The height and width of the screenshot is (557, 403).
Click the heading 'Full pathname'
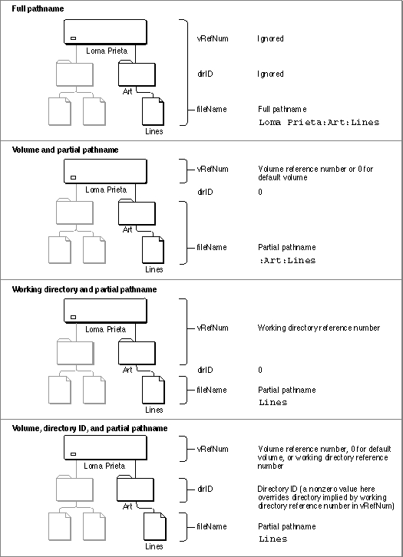[38, 8]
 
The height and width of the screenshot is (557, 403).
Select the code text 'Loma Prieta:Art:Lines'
[319, 122]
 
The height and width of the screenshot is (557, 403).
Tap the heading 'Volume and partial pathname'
[65, 150]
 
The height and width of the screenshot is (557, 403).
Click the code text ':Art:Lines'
[287, 260]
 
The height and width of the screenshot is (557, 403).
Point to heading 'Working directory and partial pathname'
[84, 289]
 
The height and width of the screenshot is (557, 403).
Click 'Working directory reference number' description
[319, 328]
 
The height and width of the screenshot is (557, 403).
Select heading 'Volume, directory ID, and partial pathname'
[90, 428]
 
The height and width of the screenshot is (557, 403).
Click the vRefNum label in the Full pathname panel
[213, 38]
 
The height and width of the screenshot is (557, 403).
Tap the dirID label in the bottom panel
[205, 489]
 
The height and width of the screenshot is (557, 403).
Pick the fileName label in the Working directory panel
[211, 390]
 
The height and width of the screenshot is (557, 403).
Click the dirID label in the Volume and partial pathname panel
[205, 192]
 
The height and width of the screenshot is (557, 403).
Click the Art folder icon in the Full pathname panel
[137, 73]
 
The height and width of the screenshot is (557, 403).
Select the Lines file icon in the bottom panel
[154, 526]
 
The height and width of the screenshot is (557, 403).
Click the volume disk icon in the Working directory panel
[105, 311]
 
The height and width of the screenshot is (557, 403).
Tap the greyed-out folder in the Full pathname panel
[74, 73]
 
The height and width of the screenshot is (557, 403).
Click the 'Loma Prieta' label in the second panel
[106, 190]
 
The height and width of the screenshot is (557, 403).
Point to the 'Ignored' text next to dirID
[270, 74]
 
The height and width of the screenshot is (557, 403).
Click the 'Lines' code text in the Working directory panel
[273, 403]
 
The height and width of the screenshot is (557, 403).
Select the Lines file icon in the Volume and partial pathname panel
[154, 250]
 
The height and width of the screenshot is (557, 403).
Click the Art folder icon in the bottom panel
[135, 489]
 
